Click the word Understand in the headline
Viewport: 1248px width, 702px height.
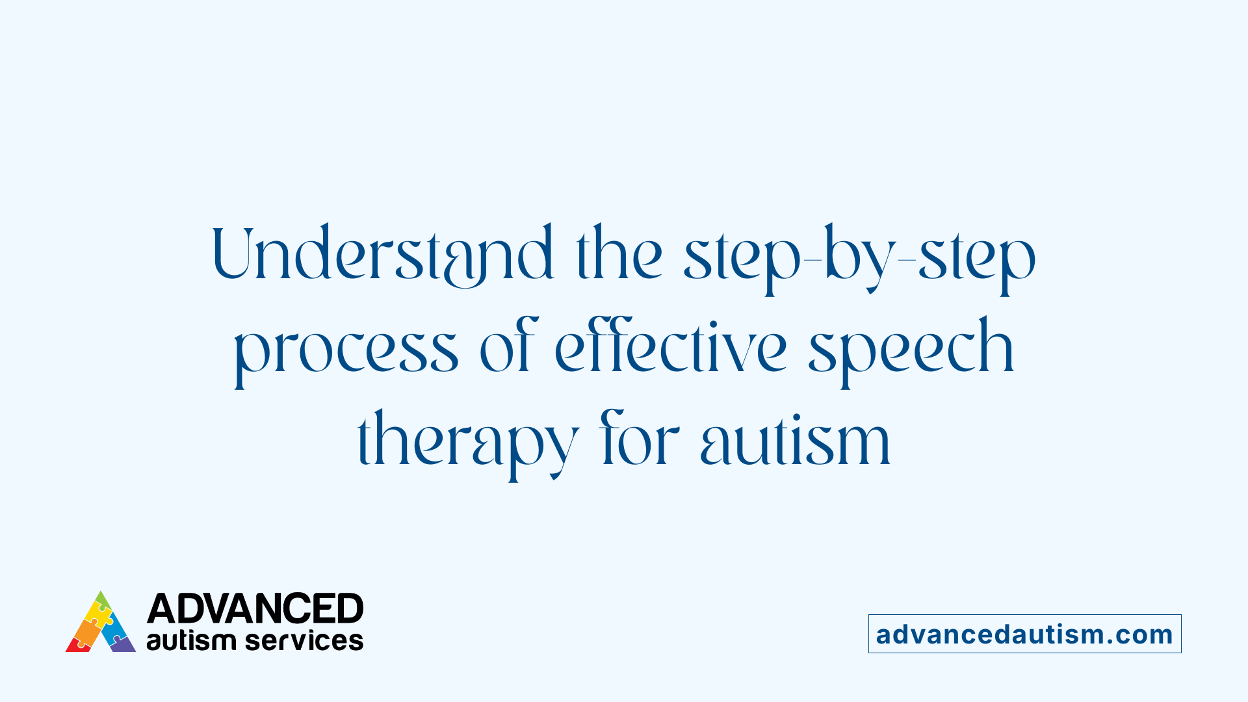(383, 253)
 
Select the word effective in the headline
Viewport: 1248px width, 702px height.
(671, 347)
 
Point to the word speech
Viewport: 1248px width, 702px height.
(911, 348)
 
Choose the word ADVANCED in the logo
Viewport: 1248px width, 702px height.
(255, 609)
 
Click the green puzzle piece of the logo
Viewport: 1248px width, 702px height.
(102, 600)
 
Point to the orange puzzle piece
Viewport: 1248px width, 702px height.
(86, 630)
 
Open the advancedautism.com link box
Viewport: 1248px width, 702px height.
(1024, 634)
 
